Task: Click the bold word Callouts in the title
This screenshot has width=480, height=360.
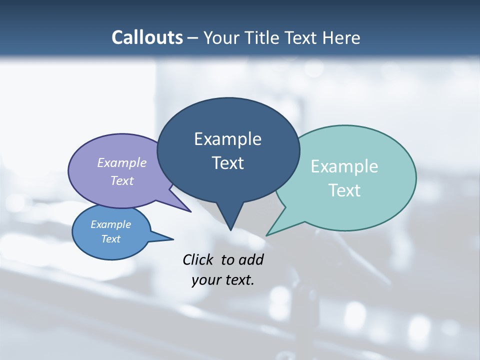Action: tap(147, 37)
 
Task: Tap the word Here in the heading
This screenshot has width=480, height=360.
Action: tap(342, 37)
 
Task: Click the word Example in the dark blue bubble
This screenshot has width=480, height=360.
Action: tap(227, 139)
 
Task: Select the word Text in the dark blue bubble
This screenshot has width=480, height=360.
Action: tap(227, 163)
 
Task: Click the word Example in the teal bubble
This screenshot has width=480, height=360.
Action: tap(344, 166)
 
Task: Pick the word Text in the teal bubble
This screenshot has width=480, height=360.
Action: tap(344, 190)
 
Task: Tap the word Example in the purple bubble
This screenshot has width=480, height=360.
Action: tap(122, 162)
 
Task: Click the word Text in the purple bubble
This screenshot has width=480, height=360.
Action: tap(122, 180)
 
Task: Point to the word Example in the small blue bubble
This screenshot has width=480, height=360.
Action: tap(110, 224)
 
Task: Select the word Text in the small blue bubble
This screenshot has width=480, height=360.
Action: tap(110, 239)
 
